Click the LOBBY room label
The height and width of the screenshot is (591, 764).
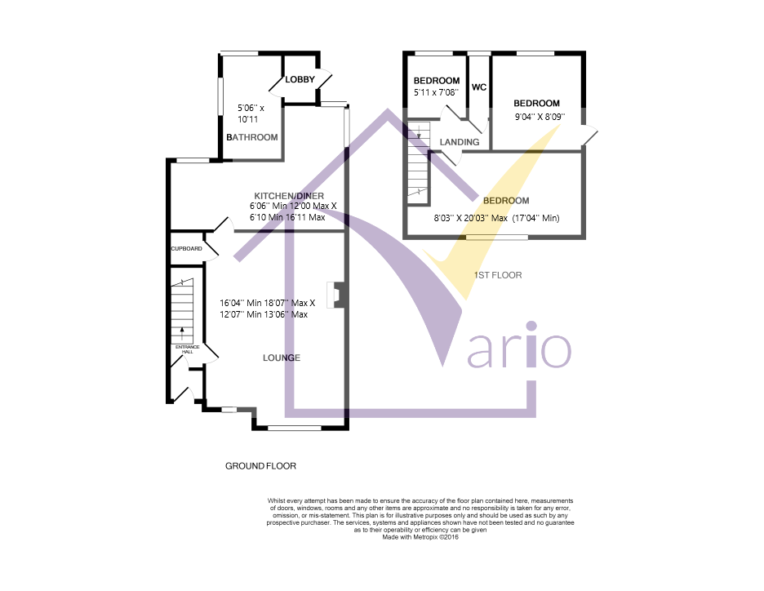point(300,79)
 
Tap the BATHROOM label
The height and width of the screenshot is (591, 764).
point(252,137)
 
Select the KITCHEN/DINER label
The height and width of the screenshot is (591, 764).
point(289,196)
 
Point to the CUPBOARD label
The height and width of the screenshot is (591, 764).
point(186,248)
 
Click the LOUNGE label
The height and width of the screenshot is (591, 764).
point(282,358)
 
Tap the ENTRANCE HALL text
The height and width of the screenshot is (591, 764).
point(188,349)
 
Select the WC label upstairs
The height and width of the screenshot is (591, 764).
point(479,87)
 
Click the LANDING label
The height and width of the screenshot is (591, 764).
point(460,142)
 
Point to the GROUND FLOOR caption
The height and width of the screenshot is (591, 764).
point(260,466)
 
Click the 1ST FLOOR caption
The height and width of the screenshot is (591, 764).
point(498,275)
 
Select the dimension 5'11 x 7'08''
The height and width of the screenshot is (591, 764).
point(436,92)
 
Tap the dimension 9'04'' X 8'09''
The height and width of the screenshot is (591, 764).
point(540,117)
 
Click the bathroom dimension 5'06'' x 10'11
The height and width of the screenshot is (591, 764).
point(251,113)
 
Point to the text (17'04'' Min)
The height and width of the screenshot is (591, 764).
point(535,218)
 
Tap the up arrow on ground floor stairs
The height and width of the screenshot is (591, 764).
point(182,333)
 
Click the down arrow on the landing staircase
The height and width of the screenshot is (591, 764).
point(419,130)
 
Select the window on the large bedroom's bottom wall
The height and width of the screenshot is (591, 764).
point(496,238)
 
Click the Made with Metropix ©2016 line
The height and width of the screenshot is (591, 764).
point(420,537)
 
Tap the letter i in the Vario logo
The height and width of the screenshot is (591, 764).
point(531,344)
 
